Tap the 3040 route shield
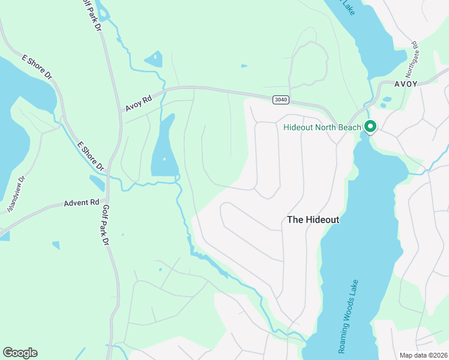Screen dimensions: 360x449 pyautogui.click(x=280, y=99)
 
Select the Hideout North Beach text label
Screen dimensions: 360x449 pyautogui.click(x=322, y=127)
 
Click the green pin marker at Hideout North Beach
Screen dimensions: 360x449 pyautogui.click(x=370, y=127)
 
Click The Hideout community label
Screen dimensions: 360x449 pyautogui.click(x=313, y=220)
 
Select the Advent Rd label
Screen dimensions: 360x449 pyautogui.click(x=81, y=203)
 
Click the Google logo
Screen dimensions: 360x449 pyautogui.click(x=20, y=353)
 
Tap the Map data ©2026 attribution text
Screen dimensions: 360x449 pyautogui.click(x=423, y=355)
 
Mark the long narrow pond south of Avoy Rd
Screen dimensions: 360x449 pyautogui.click(x=164, y=149)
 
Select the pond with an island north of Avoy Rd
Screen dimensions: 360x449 pyautogui.click(x=154, y=59)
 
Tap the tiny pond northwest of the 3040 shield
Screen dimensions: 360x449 pyautogui.click(x=243, y=65)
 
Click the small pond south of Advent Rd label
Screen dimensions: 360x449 pyautogui.click(x=56, y=245)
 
